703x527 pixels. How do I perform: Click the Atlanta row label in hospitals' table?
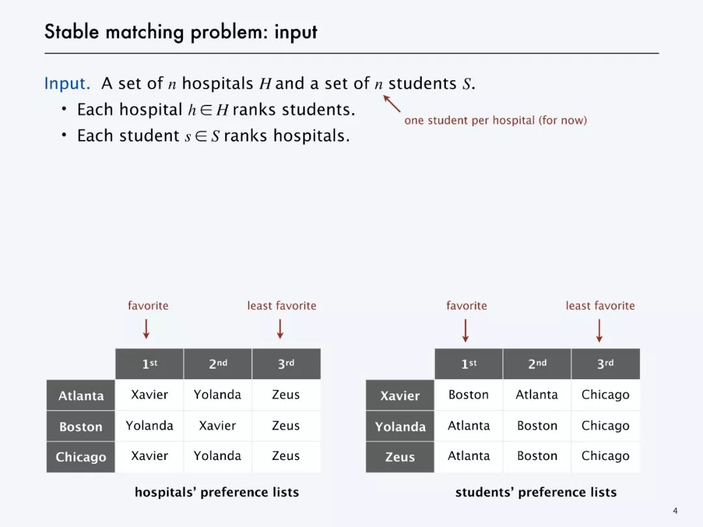tap(81, 395)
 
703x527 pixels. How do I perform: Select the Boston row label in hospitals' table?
tap(81, 427)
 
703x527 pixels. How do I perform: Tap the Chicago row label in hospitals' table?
tap(81, 457)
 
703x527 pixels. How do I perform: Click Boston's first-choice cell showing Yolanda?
tap(149, 426)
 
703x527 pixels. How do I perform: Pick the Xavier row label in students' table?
tap(400, 395)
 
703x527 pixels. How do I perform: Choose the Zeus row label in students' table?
tap(400, 457)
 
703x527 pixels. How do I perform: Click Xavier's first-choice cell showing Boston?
tap(468, 395)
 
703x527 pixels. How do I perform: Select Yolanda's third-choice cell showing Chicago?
tap(605, 426)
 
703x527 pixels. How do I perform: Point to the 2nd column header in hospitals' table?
tap(217, 364)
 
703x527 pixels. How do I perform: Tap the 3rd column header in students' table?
tap(605, 364)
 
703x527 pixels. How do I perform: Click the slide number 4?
tap(675, 510)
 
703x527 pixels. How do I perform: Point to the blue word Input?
tap(66, 84)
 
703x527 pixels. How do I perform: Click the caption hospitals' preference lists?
tap(216, 492)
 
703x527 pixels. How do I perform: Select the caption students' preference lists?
tap(536, 492)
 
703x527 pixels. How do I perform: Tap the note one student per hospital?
tap(495, 121)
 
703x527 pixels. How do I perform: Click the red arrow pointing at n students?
tap(392, 104)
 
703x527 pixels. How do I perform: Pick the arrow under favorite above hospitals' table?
tap(146, 328)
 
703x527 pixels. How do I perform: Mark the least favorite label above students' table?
tap(600, 306)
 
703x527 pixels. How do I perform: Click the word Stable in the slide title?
tap(69, 32)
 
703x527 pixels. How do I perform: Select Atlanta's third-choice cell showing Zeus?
tap(286, 395)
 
